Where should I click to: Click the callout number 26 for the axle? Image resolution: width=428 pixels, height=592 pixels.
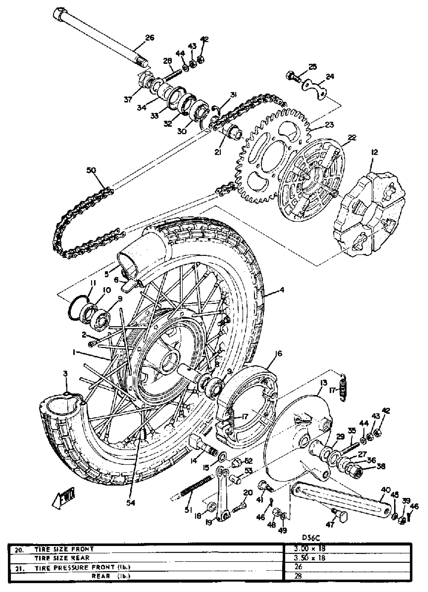click(x=150, y=38)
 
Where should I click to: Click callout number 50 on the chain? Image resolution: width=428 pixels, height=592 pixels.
click(x=91, y=170)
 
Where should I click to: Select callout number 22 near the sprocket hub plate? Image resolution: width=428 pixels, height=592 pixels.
click(x=352, y=138)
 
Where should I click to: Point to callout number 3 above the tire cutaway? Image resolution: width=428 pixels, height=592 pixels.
click(x=65, y=374)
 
